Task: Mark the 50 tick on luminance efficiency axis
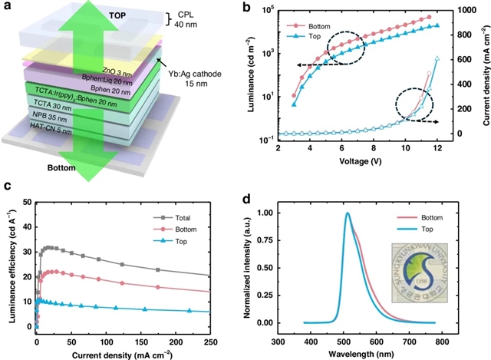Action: point(27,202)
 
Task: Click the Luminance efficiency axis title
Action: point(9,263)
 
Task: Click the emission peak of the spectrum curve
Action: point(347,213)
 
